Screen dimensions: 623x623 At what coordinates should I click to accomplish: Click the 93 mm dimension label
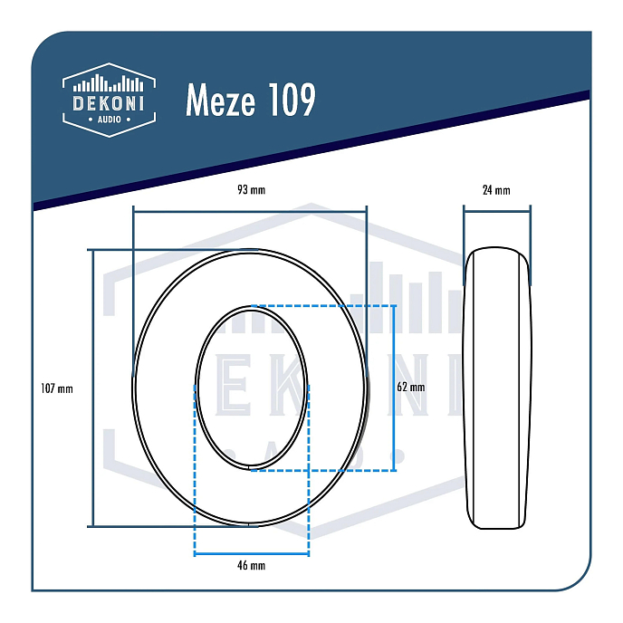(x=251, y=190)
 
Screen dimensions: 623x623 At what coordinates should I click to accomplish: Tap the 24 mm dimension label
(x=496, y=190)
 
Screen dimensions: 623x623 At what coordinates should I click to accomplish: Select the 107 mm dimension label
(x=57, y=388)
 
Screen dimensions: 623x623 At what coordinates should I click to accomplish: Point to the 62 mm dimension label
(x=410, y=387)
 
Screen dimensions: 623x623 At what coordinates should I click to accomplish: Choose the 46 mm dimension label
(x=251, y=566)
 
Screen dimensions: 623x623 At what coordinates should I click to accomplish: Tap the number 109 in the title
(x=292, y=101)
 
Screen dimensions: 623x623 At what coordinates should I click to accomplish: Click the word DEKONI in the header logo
(x=109, y=104)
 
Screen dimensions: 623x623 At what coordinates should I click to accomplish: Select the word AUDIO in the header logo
(x=109, y=120)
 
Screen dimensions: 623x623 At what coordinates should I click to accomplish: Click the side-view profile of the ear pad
(x=496, y=388)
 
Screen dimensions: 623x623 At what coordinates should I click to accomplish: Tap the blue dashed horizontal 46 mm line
(x=252, y=552)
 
